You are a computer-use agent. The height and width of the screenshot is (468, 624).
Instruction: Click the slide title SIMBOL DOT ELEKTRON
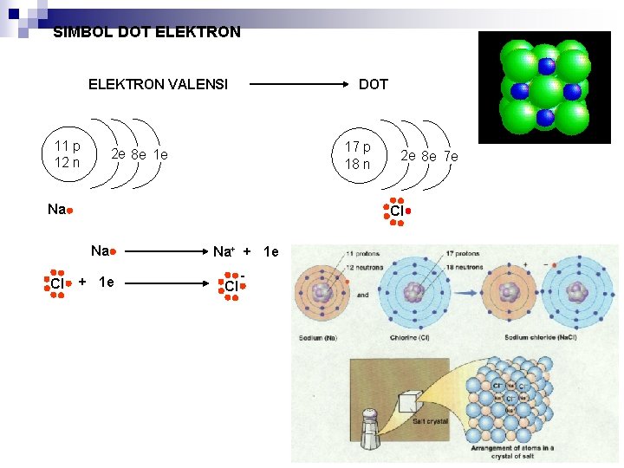[146, 33]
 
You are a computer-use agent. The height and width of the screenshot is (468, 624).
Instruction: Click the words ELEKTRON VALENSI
[158, 84]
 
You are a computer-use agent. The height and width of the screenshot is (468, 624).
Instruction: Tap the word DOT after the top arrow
[374, 84]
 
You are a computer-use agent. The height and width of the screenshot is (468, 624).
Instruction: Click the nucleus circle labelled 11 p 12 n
[68, 154]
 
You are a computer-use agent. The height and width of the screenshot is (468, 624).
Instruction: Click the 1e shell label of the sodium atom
[160, 155]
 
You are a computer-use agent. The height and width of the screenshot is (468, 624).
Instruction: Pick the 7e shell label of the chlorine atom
[450, 157]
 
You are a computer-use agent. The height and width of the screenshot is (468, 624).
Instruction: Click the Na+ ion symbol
[224, 252]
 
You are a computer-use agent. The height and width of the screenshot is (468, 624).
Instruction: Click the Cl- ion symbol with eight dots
[231, 285]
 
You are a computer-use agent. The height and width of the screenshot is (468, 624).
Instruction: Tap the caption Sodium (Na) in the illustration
[317, 338]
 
